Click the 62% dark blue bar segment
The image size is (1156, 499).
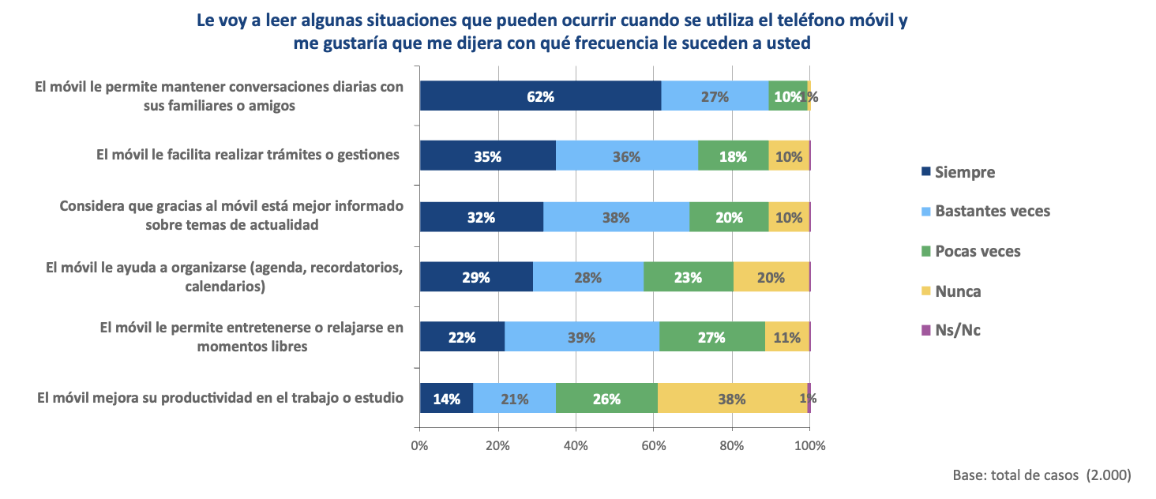[x=540, y=96]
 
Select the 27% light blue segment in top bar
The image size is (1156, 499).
[x=715, y=96]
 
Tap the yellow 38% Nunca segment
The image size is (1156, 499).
[x=732, y=398]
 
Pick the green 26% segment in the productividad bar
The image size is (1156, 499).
[x=606, y=398]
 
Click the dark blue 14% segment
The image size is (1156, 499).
[x=446, y=398]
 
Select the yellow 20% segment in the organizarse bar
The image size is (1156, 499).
[x=771, y=277]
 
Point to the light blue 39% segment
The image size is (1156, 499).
[x=582, y=337]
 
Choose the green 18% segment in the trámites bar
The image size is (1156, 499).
[x=733, y=156]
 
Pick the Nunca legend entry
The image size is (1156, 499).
[x=958, y=291]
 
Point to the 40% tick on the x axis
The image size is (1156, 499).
[x=576, y=445]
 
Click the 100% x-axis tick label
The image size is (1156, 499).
[x=809, y=445]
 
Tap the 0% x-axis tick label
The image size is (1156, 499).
[x=420, y=445]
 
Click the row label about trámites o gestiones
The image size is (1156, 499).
[x=248, y=155]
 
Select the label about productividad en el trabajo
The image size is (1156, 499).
[x=220, y=397]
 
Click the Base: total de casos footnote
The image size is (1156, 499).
[x=1042, y=475]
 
